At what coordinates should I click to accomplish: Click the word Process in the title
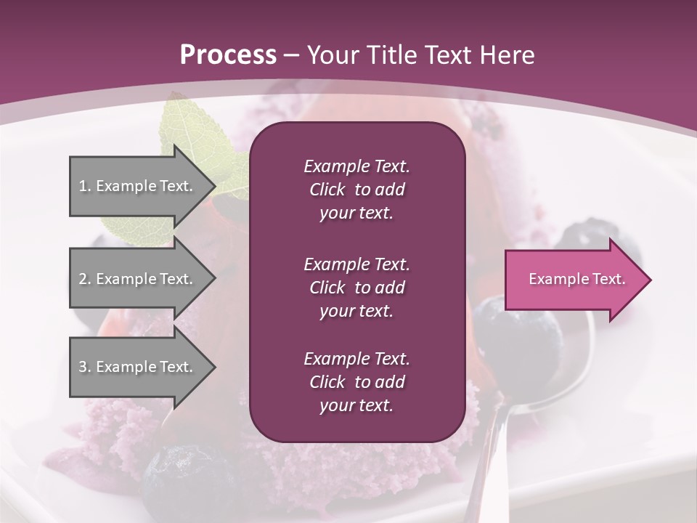[x=228, y=55]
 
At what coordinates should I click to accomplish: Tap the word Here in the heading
[x=507, y=55]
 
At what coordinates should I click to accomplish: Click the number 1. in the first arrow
[x=85, y=186]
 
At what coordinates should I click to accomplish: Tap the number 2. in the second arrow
[x=85, y=279]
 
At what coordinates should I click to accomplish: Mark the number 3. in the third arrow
[x=85, y=367]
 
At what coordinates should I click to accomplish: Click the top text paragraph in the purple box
[x=356, y=190]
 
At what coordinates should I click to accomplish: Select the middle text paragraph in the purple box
[x=356, y=287]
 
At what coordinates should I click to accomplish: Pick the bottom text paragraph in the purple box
[x=356, y=382]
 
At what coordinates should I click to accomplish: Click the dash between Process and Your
[x=291, y=56]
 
